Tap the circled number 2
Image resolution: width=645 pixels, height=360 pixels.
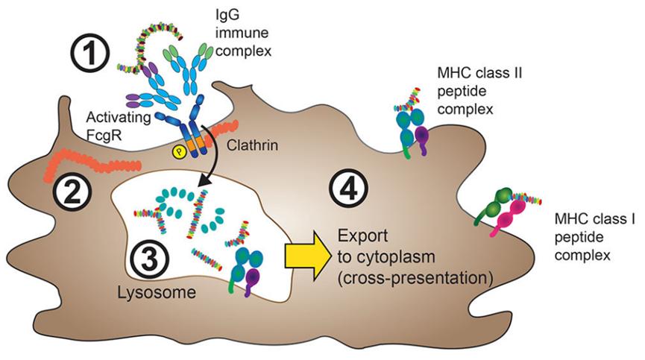[x=72, y=192]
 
